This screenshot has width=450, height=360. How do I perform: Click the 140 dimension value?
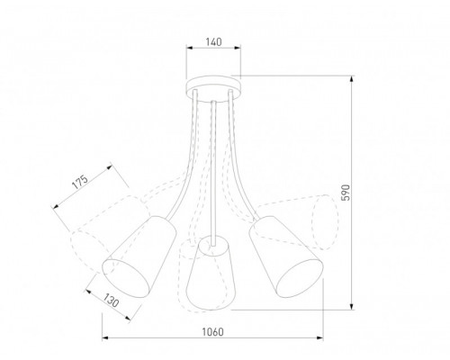pos(213,42)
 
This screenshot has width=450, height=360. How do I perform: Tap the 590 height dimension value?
pos(346,193)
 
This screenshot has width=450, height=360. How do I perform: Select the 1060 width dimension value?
pos(212,332)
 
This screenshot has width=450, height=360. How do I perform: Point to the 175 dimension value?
pos(80,182)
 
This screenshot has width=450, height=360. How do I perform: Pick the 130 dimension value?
pos(112,300)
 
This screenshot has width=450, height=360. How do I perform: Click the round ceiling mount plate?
pos(213,87)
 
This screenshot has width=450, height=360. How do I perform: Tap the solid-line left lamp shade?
pos(139,256)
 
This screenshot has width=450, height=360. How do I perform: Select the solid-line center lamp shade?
pos(211,273)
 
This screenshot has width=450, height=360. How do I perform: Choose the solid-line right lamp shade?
pos(286,256)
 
